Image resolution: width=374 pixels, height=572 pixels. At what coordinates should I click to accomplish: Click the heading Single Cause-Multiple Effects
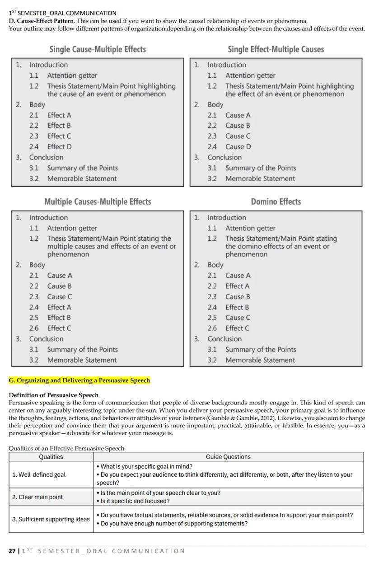click(x=98, y=49)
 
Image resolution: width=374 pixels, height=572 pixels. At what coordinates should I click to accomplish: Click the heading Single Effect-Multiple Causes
click(x=276, y=49)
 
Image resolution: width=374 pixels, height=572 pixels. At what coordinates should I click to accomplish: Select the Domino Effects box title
click(x=276, y=202)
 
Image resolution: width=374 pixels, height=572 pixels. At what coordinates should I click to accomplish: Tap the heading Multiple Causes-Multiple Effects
click(x=98, y=202)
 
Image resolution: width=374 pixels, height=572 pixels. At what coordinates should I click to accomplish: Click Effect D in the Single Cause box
click(x=59, y=146)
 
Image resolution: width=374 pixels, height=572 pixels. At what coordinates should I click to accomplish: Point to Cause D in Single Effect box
click(x=238, y=146)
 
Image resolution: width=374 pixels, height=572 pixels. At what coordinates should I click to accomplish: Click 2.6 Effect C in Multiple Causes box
click(x=59, y=328)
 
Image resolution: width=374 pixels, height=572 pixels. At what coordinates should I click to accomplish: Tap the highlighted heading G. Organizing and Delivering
click(x=79, y=380)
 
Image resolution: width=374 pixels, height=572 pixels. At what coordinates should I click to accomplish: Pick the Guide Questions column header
click(x=228, y=457)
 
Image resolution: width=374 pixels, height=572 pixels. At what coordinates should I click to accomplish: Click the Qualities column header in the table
click(x=51, y=457)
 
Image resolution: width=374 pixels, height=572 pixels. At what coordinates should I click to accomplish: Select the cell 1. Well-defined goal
click(x=39, y=474)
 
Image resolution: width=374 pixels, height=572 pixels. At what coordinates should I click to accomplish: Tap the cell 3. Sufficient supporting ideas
click(x=51, y=519)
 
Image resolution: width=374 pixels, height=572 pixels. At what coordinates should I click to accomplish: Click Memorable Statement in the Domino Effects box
click(x=260, y=360)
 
